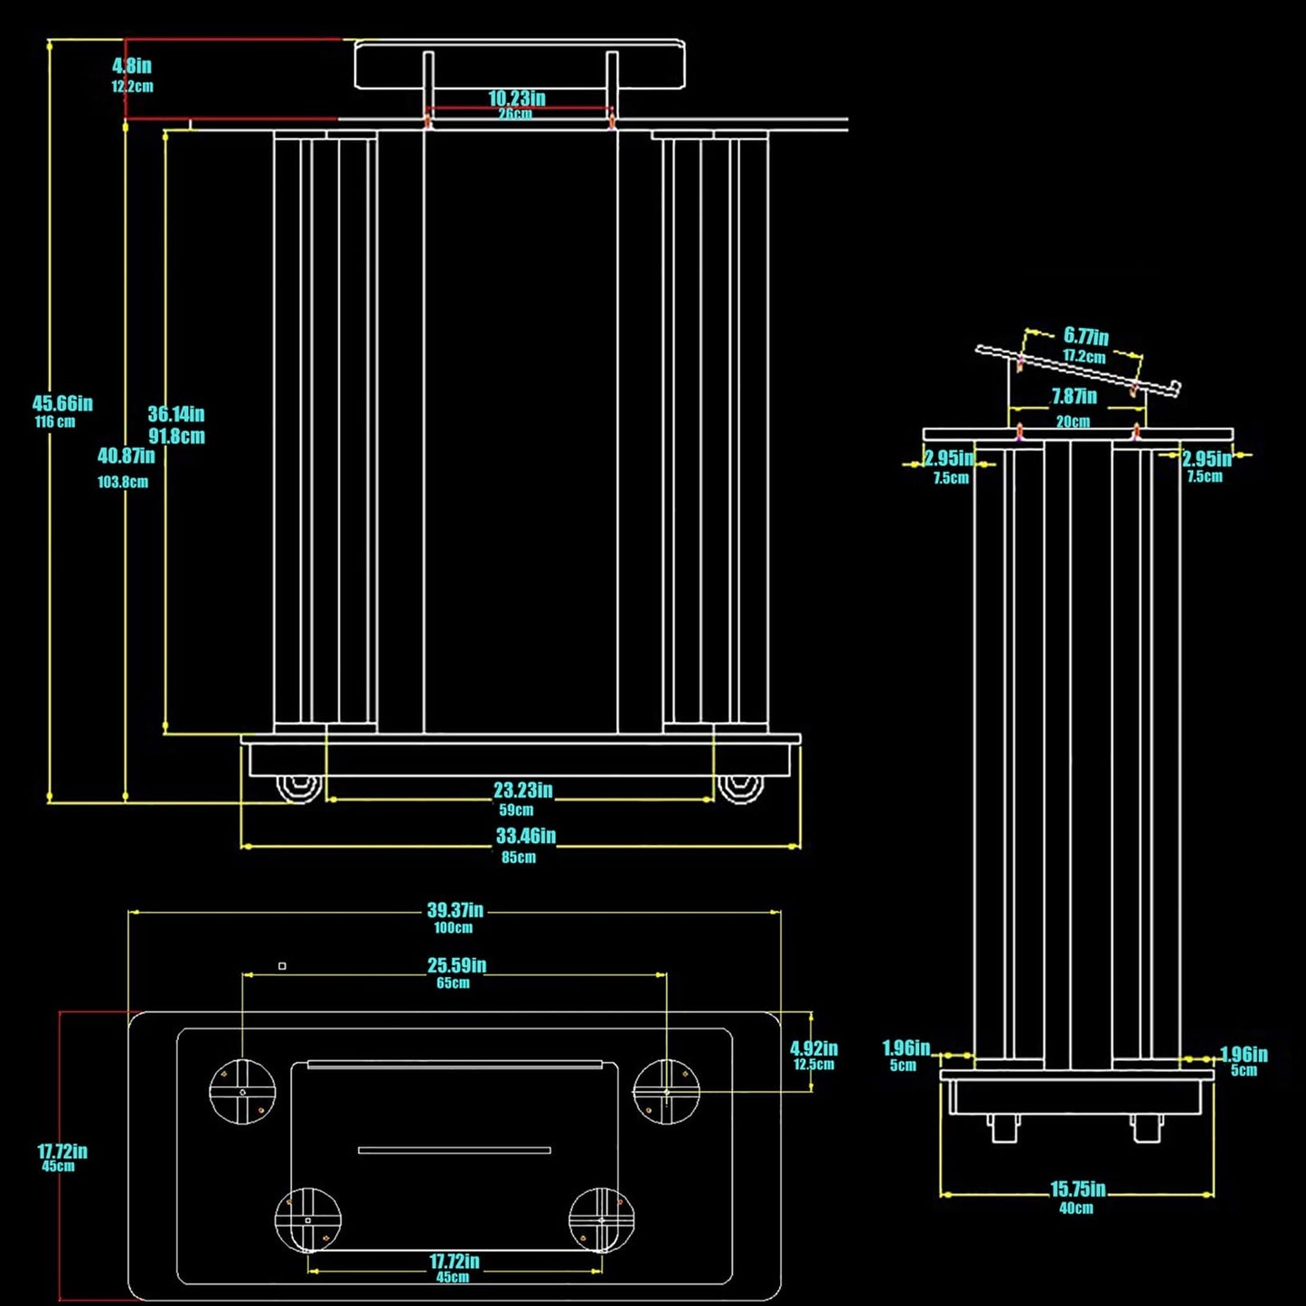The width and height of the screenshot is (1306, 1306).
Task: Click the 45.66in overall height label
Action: (62, 404)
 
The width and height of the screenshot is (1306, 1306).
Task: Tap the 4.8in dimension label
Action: (132, 66)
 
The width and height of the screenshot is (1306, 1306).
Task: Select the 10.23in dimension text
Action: (517, 99)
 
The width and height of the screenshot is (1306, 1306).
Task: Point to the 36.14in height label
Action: (176, 414)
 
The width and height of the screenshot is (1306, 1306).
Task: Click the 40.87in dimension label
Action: (126, 456)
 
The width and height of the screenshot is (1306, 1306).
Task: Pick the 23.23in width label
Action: (523, 790)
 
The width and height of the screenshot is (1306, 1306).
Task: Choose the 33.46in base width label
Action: (526, 836)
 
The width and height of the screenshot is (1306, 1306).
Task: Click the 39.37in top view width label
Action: (456, 910)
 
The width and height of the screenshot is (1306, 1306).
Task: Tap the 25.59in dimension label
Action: (456, 965)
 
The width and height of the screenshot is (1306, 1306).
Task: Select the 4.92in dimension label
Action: (814, 1048)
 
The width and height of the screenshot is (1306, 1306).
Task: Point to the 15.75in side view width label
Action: (1078, 1189)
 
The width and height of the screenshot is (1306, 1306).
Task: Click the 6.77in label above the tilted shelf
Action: (1086, 335)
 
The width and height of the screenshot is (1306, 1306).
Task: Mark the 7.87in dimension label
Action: (1075, 396)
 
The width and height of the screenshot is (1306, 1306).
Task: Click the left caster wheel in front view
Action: (299, 789)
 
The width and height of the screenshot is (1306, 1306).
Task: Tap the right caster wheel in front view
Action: (741, 789)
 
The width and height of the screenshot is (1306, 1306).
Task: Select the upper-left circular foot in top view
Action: (242, 1092)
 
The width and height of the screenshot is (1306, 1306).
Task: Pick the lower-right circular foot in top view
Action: (602, 1220)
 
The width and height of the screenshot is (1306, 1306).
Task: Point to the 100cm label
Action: (454, 928)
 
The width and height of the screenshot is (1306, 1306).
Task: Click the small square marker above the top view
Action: (283, 966)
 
